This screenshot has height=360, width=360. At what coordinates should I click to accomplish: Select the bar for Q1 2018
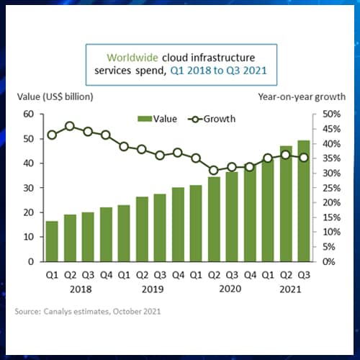tap(52, 241)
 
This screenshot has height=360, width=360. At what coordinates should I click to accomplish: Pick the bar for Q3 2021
tap(304, 201)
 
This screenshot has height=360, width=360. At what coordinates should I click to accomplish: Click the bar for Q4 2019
tap(178, 224)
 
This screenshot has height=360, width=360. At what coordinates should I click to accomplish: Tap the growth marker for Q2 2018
tap(70, 126)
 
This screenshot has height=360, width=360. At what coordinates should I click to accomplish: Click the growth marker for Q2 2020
tap(214, 171)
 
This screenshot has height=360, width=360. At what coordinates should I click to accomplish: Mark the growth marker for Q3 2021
tap(304, 158)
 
